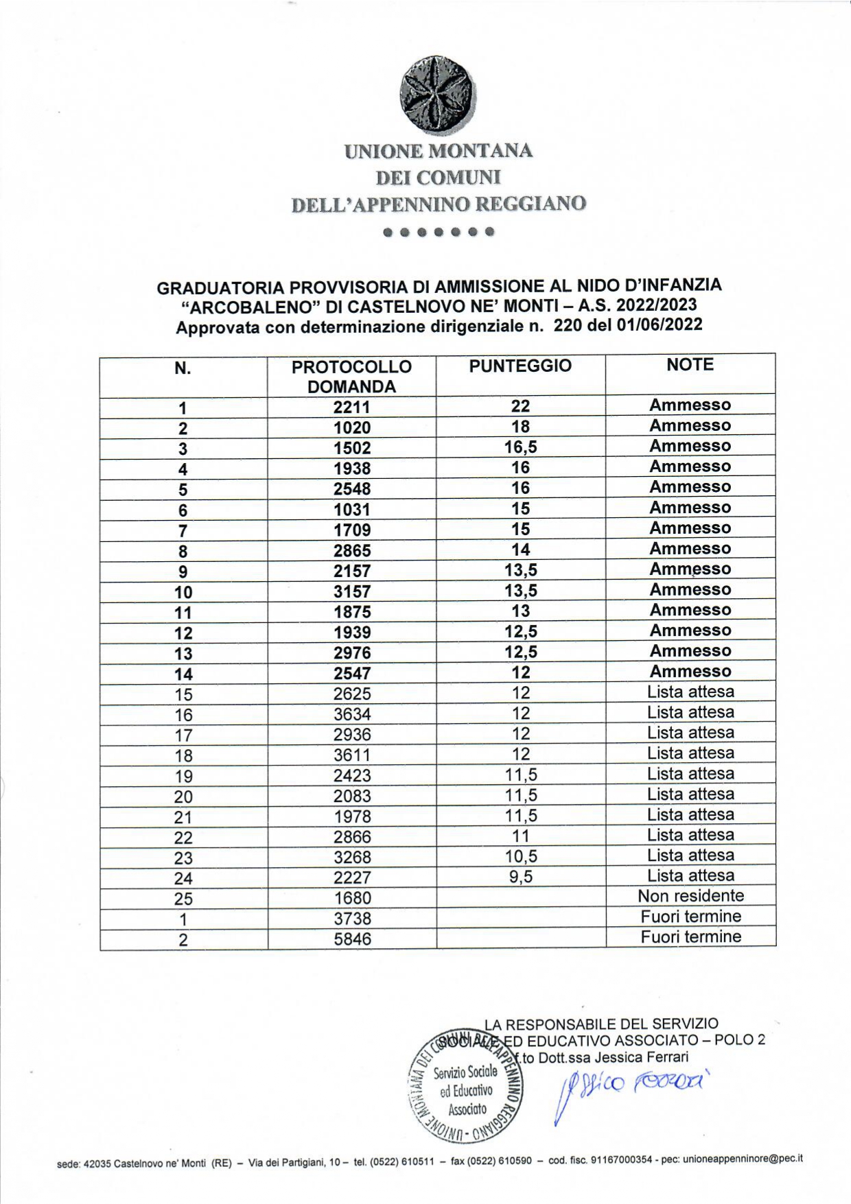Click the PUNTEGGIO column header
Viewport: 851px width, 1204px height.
(x=520, y=366)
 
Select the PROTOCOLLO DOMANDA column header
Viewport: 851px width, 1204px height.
(x=351, y=376)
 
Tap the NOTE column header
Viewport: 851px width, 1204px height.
(x=690, y=365)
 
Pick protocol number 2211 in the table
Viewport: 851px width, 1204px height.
(x=351, y=407)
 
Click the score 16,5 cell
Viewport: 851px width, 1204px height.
(x=520, y=447)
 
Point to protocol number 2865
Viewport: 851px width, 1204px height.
(x=351, y=550)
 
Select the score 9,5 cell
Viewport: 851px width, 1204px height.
(x=520, y=876)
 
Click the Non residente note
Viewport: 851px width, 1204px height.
(x=690, y=896)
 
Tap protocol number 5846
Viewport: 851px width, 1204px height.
(x=352, y=938)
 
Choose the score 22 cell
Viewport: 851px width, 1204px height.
(x=520, y=406)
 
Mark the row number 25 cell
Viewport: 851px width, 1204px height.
(x=183, y=899)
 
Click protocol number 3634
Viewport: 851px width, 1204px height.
(x=351, y=714)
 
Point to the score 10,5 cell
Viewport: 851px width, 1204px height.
(x=520, y=855)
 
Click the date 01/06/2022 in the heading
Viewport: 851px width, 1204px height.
(x=659, y=324)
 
